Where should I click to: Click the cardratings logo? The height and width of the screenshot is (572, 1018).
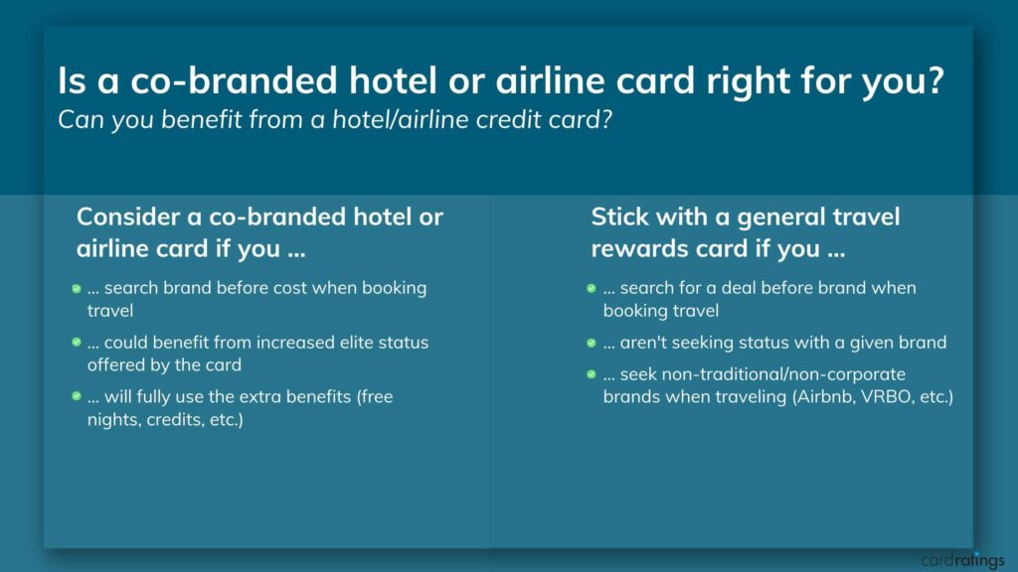tap(962, 560)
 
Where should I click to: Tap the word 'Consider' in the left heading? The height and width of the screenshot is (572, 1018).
tap(129, 216)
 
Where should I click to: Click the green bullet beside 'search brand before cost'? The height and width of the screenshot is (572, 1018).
tap(76, 289)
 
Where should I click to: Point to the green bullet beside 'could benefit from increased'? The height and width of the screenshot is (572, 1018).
tap(76, 342)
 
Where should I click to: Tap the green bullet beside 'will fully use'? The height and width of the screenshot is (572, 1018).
tap(76, 395)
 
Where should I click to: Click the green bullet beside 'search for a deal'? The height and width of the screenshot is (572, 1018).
tap(591, 289)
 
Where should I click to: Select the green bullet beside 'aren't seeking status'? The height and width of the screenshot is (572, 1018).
tap(591, 343)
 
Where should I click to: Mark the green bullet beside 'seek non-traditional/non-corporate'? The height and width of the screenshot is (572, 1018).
tap(591, 374)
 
